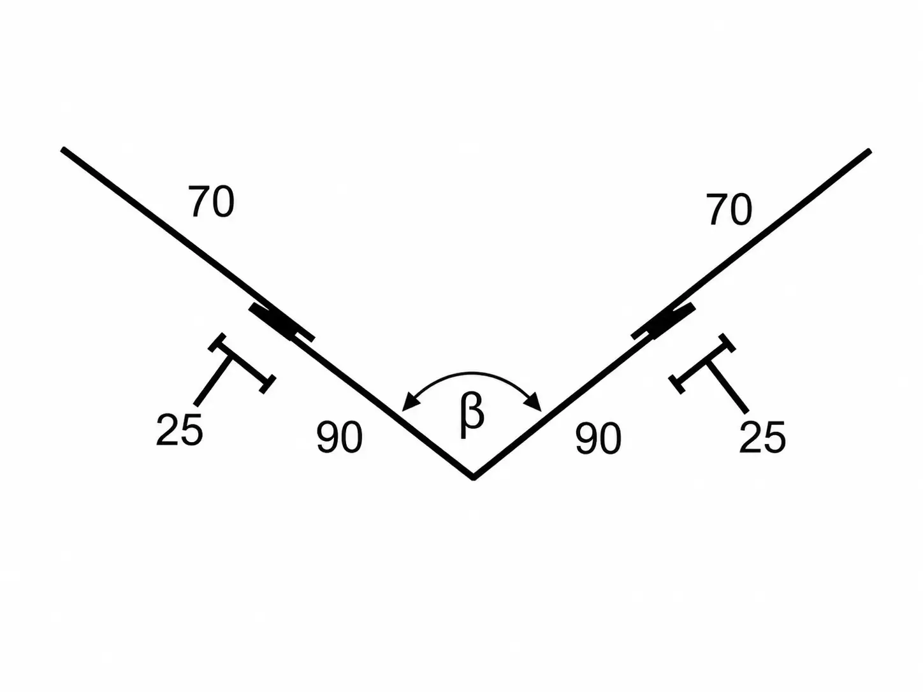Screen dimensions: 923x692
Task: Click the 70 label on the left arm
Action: click(211, 202)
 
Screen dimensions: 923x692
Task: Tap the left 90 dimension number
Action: click(339, 437)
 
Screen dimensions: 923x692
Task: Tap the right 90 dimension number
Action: click(598, 438)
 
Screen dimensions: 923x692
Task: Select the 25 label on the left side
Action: click(180, 429)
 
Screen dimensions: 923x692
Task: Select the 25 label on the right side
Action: click(762, 437)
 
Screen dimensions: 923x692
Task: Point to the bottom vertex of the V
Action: click(474, 477)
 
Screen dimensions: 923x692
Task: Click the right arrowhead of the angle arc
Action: click(535, 403)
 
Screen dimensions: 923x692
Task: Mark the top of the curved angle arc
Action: click(472, 373)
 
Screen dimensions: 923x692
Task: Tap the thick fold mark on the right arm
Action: click(663, 321)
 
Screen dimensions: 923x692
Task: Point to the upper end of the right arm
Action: click(869, 151)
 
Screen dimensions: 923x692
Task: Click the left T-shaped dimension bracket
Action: click(242, 363)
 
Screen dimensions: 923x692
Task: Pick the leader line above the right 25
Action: click(728, 387)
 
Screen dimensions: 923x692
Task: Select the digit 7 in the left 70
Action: click(200, 202)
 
